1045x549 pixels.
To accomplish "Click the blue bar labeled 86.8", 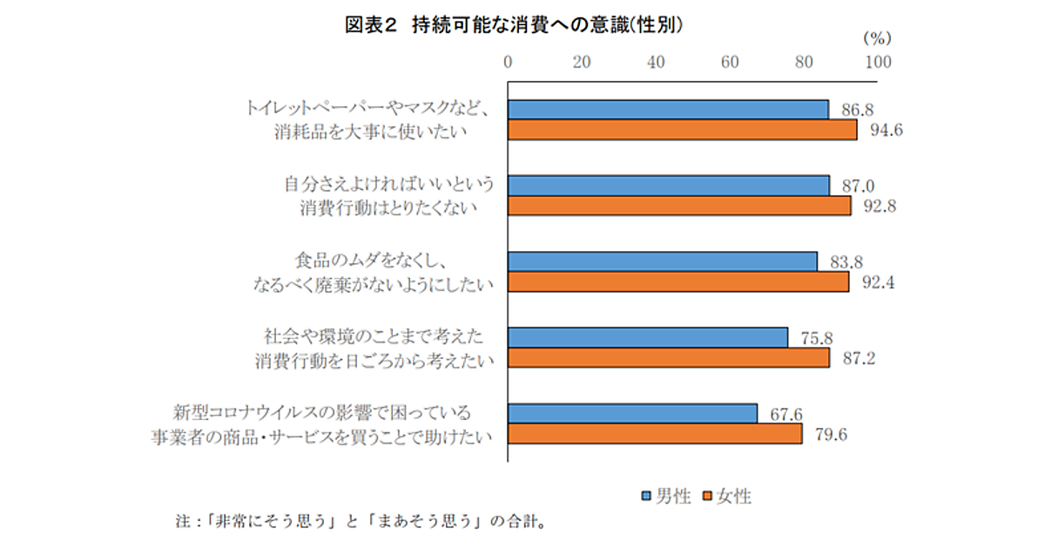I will (x=668, y=109).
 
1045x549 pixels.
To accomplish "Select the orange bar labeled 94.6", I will (x=682, y=130).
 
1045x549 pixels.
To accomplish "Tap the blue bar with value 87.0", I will (x=668, y=185).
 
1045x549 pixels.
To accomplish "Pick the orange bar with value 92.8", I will (x=679, y=206).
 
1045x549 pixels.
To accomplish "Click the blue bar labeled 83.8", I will (x=663, y=261).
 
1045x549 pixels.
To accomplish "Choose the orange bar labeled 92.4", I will (x=678, y=281).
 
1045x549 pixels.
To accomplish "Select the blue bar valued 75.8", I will (x=648, y=337).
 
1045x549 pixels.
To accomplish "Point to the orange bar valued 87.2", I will (x=669, y=358).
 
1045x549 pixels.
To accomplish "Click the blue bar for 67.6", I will (x=632, y=413).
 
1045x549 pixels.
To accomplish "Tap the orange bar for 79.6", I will (x=655, y=434).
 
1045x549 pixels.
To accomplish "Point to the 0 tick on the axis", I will (x=509, y=62).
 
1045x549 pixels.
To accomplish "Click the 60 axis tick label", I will (x=731, y=62).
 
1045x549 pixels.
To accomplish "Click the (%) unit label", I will (x=875, y=39).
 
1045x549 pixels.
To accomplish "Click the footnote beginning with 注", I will (x=361, y=524).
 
